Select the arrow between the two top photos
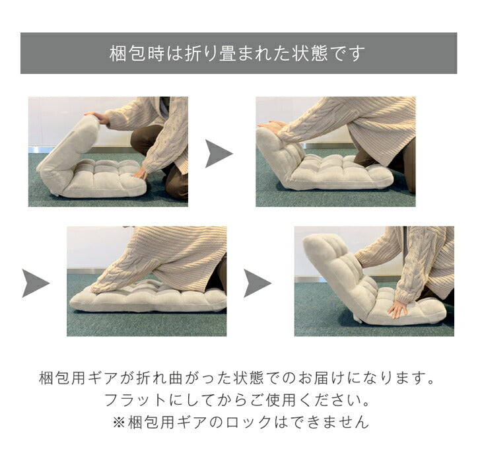[x=219, y=154]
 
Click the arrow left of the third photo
[x=36, y=283]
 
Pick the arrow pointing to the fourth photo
[x=258, y=283]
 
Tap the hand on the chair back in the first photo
[x=98, y=117]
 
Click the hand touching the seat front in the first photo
[x=141, y=174]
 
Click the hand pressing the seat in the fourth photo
[x=397, y=308]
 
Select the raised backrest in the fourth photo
[x=338, y=271]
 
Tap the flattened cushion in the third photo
[x=147, y=298]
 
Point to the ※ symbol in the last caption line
[x=119, y=423]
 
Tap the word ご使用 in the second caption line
[x=273, y=400]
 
